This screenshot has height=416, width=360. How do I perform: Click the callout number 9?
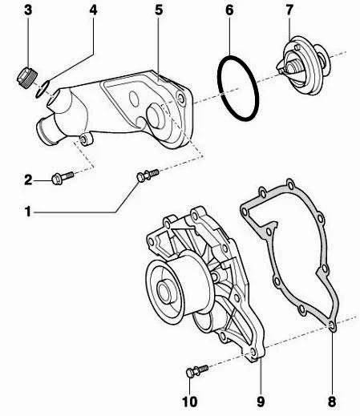pos(261,398)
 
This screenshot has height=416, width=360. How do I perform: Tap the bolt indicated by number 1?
pos(146,176)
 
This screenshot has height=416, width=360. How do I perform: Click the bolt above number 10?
pos(193,370)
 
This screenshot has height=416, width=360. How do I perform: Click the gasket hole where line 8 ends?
pos(332,325)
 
